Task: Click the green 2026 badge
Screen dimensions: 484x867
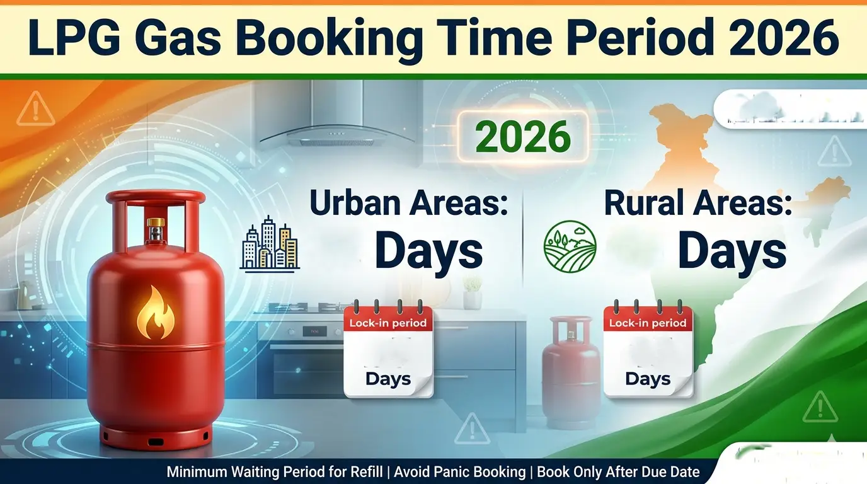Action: pos(523,137)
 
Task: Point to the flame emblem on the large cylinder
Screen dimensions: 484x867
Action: pos(154,312)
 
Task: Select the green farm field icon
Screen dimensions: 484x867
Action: pos(570,246)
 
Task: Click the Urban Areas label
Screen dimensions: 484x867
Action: pos(408,205)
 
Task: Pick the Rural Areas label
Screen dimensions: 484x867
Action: pos(698,205)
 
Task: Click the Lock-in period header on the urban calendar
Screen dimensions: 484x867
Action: pos(389,323)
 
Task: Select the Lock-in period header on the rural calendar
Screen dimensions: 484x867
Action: pos(648,323)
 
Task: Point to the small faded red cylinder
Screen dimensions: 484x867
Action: pos(570,372)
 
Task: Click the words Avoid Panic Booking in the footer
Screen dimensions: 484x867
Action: pos(460,472)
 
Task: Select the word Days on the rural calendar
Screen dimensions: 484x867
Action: pos(648,379)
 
